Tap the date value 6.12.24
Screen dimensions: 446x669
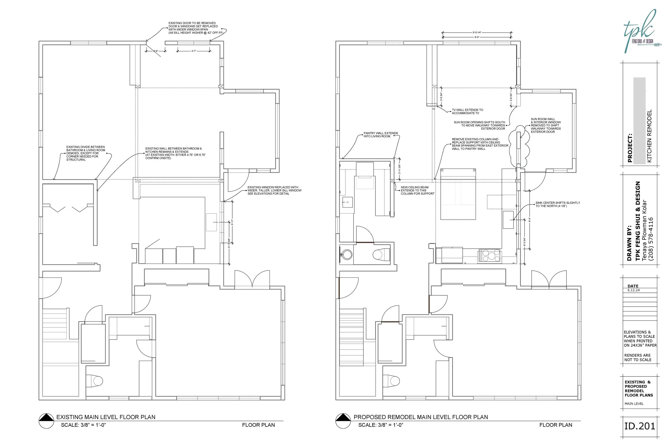pos(633,290)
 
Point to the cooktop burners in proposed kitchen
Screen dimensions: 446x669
pos(489,255)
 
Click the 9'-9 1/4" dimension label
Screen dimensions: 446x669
pos(477,32)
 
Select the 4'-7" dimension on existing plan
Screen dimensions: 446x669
pos(194,51)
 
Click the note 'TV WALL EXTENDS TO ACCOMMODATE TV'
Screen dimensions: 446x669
pos(467,112)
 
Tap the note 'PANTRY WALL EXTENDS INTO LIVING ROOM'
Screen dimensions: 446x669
pos(381,135)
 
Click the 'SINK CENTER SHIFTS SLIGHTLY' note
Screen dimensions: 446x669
pos(557,204)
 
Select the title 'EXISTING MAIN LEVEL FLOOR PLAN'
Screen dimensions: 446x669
pos(106,417)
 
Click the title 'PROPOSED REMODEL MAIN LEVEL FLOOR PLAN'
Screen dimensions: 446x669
pos(420,417)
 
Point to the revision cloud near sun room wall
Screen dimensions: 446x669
pos(519,147)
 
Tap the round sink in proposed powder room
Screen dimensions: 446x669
pos(347,254)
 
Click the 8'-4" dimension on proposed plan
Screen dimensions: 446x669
pos(530,220)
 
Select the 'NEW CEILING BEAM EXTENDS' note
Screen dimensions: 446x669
pos(417,190)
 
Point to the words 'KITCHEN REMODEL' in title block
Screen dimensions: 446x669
pos(649,136)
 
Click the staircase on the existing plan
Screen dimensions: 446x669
pos(55,324)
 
